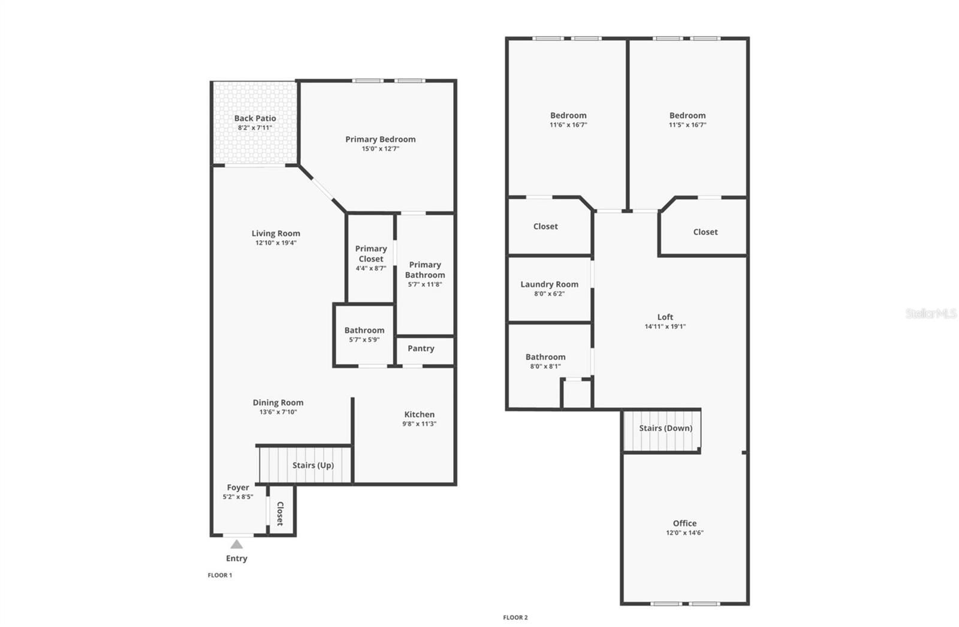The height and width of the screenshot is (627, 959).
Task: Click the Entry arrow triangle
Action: [237, 544]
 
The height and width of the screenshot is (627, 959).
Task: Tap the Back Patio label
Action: [255, 118]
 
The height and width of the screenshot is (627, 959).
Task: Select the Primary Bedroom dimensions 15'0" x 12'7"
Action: [380, 149]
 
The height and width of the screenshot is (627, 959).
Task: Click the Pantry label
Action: [421, 348]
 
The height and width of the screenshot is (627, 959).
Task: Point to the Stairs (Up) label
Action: [313, 465]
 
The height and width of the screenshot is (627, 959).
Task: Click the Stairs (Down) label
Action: [665, 428]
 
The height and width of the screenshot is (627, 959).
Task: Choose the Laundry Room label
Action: [549, 284]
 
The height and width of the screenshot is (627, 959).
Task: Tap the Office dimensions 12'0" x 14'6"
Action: [684, 533]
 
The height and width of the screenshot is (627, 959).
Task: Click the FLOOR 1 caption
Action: [220, 575]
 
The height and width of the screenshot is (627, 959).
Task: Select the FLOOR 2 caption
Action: [515, 617]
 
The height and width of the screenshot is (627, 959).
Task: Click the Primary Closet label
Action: [371, 254]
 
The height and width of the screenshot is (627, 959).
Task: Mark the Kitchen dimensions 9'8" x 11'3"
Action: [419, 424]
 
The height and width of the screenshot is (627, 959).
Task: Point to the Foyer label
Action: [238, 487]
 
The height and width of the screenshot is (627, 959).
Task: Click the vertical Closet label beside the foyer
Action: [279, 514]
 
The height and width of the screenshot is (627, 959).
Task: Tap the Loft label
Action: [665, 317]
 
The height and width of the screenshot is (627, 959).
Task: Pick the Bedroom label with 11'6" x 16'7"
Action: [568, 115]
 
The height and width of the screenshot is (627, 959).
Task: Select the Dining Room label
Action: [278, 403]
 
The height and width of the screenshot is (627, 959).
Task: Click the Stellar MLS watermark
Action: [931, 313]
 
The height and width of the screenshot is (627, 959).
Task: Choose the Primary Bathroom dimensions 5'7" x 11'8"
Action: [425, 284]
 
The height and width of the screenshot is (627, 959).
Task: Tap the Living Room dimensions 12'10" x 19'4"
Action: [276, 243]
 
